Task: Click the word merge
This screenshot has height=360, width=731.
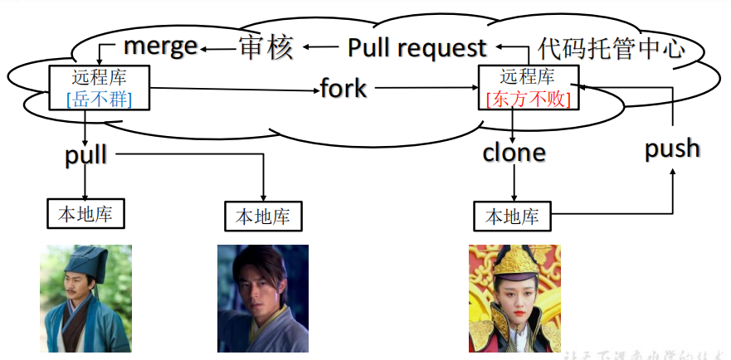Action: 160,46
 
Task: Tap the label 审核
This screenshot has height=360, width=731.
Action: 266,47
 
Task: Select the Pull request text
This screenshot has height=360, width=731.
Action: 417,47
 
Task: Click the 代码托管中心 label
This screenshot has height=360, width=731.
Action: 612,47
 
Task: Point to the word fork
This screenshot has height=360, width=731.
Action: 344,88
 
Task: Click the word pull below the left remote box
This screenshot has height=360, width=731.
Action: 85,154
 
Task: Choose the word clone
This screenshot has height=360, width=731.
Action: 514,153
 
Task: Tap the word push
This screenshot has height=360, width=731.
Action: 672,148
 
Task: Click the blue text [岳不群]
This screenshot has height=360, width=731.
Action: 99,100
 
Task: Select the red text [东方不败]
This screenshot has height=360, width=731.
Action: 528,99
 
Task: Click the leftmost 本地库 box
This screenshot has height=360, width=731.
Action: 85,214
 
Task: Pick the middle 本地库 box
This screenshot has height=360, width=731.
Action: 263,217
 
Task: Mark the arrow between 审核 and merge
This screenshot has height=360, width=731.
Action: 218,48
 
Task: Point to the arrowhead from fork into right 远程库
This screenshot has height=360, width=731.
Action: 474,88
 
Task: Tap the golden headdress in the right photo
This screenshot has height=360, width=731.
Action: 514,261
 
